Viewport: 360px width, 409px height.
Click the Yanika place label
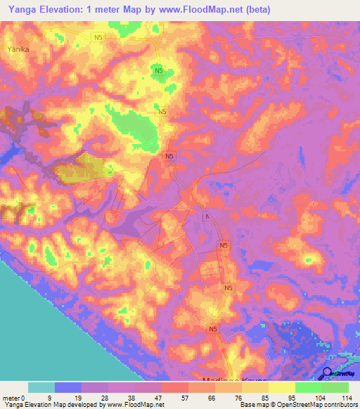[17, 49]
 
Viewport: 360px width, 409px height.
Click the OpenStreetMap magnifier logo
[328, 375]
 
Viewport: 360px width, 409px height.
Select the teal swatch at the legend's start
[41, 387]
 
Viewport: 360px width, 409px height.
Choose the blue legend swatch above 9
[68, 387]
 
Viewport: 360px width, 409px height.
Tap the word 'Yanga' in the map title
[20, 9]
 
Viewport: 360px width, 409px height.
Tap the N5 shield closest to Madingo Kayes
[214, 328]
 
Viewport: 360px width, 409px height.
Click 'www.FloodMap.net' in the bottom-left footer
[134, 405]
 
